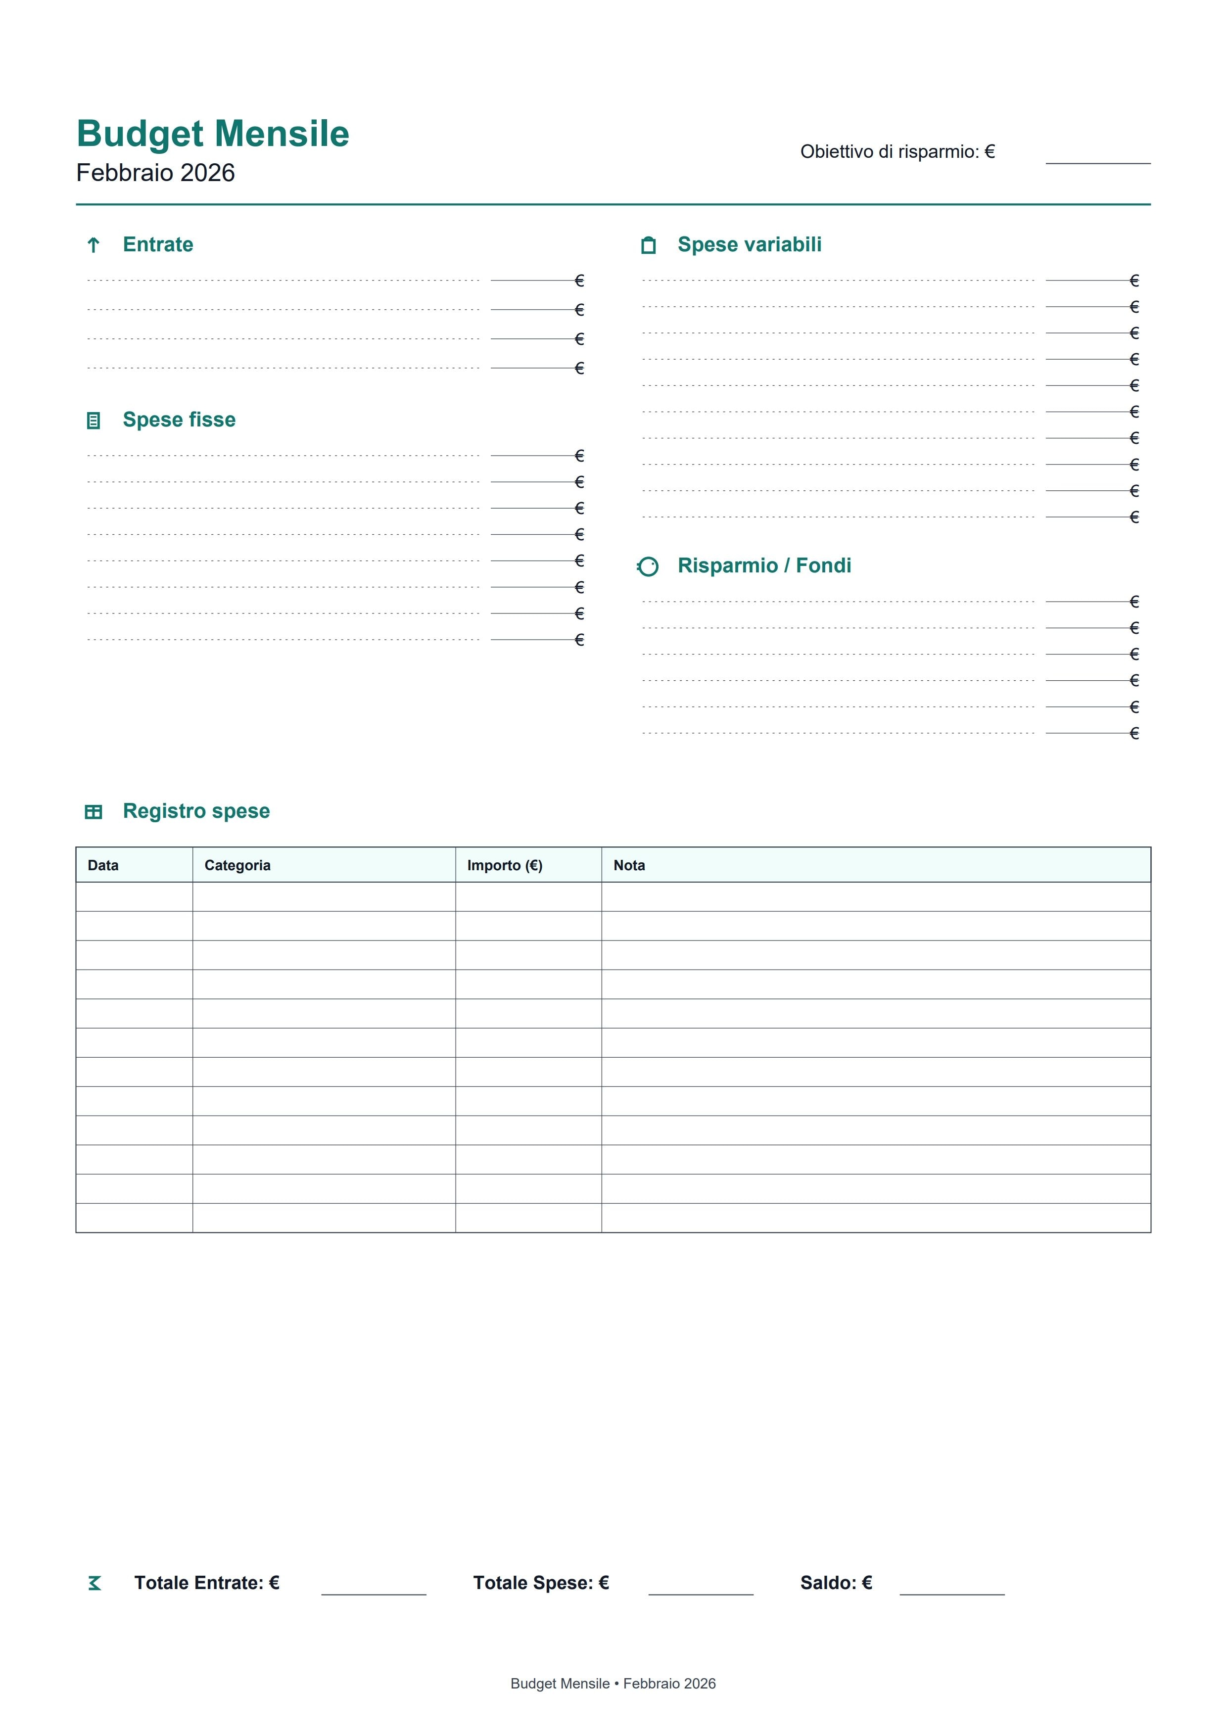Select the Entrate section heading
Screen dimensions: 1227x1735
(158, 245)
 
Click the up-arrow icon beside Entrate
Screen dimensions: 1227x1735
(94, 245)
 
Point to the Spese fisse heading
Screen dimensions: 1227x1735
(179, 420)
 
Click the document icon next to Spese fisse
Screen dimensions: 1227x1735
(94, 421)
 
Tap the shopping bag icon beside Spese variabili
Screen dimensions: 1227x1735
(648, 245)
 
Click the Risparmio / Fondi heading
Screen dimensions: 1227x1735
(764, 566)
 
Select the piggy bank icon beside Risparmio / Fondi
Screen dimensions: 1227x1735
(648, 567)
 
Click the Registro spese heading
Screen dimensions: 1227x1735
(196, 811)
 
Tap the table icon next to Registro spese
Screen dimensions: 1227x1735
(94, 812)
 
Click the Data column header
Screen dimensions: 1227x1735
(103, 866)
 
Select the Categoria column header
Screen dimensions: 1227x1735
(237, 866)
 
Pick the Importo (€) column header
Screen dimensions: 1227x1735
(505, 866)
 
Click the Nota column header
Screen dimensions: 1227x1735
(629, 866)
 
